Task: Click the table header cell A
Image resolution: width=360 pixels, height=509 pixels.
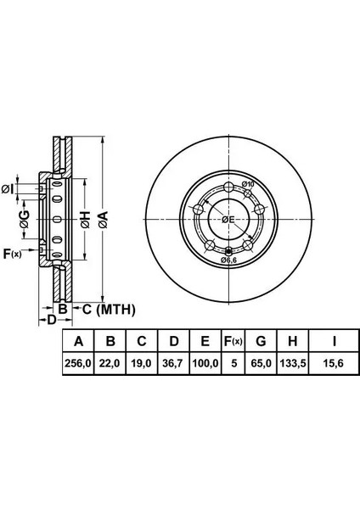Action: [78, 342]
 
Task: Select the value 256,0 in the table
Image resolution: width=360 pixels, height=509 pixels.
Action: [78, 363]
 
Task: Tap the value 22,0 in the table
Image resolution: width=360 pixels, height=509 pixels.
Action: [110, 363]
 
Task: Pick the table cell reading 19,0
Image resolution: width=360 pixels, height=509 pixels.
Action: [141, 363]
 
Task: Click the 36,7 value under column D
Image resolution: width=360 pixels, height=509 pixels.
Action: [173, 363]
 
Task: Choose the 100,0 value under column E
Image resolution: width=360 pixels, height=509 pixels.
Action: [205, 363]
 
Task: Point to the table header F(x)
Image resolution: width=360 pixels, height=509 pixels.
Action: [233, 342]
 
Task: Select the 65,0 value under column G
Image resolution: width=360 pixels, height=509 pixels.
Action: [261, 363]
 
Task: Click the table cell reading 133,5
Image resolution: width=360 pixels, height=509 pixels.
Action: [293, 363]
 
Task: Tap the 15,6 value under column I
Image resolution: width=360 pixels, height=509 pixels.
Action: [334, 363]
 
